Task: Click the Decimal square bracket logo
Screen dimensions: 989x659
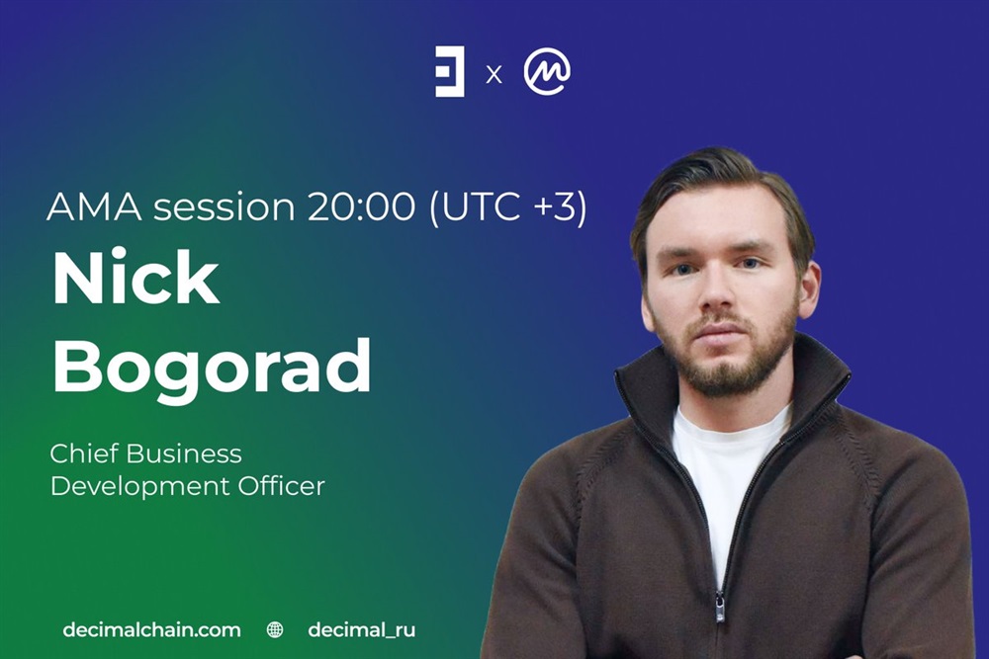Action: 450,71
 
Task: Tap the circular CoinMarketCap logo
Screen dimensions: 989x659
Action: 547,71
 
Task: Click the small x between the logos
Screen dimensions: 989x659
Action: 494,75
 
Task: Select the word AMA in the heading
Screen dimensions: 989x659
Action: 94,206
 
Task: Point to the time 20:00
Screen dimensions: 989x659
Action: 361,206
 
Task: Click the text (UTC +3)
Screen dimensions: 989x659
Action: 508,206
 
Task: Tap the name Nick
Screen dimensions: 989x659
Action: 136,278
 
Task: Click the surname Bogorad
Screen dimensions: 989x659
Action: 213,366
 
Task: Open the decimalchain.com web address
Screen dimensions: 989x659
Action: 151,630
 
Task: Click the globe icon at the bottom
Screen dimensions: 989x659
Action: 275,629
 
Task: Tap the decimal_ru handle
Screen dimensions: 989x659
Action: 362,630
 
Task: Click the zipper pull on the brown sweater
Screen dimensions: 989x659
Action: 720,606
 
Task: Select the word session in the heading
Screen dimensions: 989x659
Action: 225,206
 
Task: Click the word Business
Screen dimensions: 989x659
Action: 184,453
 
